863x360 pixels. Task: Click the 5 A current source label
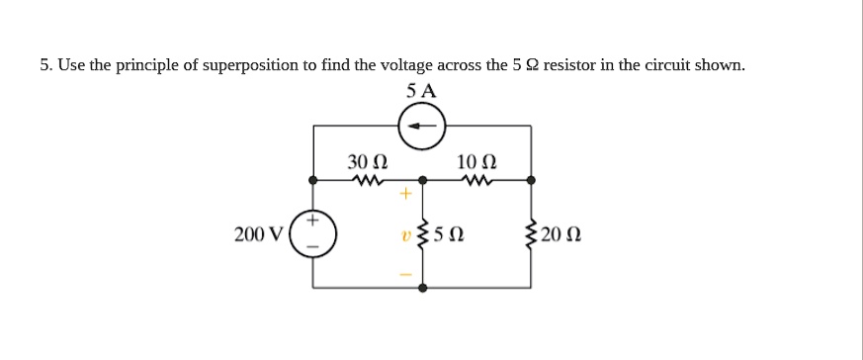point(422,91)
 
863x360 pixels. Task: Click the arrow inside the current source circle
point(422,126)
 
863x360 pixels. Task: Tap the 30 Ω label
point(367,161)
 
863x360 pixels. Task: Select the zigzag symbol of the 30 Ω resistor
point(367,181)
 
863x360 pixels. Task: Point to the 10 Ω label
point(477,161)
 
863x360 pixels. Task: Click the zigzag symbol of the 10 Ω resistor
point(477,181)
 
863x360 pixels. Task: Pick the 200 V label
point(258,235)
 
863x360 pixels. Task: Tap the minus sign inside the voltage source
point(314,249)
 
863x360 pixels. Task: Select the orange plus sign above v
point(404,195)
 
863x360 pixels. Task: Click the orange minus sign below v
point(404,274)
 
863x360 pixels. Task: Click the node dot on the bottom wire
point(423,289)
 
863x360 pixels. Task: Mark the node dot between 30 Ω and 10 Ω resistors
point(423,181)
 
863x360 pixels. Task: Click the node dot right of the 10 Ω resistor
point(532,181)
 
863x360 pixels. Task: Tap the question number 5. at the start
point(45,65)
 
